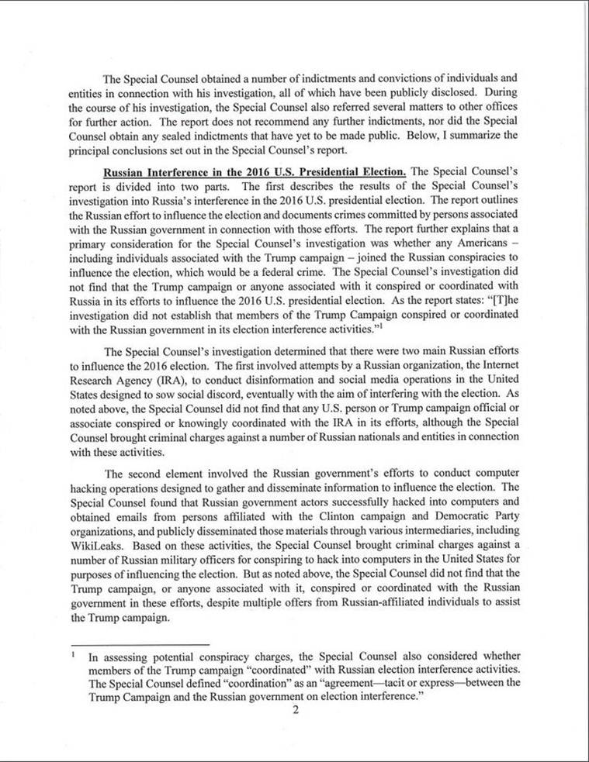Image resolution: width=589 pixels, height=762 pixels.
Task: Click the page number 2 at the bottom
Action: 295,714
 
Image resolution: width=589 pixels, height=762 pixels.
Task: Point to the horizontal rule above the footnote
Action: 139,644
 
